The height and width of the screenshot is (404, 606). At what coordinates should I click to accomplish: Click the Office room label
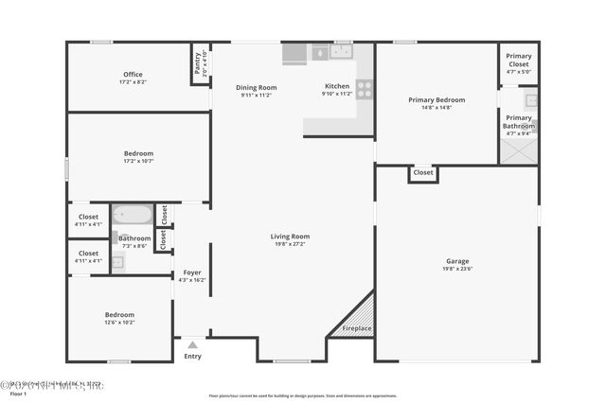click(133, 75)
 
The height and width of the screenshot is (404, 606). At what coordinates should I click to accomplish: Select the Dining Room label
click(256, 87)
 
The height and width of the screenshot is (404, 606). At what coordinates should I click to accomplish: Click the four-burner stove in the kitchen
click(365, 90)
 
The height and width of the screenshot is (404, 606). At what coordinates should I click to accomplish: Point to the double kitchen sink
click(332, 53)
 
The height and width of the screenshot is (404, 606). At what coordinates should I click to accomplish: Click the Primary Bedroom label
click(437, 99)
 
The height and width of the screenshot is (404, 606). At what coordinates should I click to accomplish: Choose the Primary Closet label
click(518, 57)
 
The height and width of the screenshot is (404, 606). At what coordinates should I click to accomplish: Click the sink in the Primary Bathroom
click(531, 100)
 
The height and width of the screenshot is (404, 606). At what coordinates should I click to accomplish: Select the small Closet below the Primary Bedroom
click(423, 173)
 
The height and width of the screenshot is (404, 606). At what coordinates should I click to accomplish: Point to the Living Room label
click(290, 237)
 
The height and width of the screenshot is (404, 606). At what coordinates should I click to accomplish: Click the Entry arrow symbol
click(193, 345)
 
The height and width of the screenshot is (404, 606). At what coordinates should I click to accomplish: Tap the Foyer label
click(192, 272)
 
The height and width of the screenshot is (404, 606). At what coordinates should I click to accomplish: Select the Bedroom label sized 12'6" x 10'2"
click(119, 314)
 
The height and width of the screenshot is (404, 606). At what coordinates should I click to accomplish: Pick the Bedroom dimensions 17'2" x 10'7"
click(138, 161)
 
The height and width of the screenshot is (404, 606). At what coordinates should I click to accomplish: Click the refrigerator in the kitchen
click(294, 53)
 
